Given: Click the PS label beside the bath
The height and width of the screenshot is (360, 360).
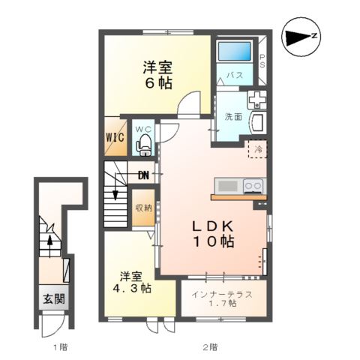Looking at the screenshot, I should point(262,61).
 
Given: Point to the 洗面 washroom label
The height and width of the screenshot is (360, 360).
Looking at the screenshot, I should point(232,116).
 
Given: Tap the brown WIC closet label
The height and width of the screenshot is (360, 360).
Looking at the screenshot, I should point(115,138).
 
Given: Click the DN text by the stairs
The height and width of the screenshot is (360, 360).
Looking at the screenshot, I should point(144,176).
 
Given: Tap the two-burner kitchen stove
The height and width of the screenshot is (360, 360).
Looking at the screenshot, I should point(252,185).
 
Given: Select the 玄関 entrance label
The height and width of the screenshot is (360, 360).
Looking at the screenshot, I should point(53,298).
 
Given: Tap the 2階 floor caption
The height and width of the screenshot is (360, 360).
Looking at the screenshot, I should point(211,347).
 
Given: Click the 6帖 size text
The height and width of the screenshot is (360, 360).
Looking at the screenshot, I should point(155,82).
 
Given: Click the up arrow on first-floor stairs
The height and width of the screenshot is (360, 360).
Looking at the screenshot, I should point(50,241).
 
